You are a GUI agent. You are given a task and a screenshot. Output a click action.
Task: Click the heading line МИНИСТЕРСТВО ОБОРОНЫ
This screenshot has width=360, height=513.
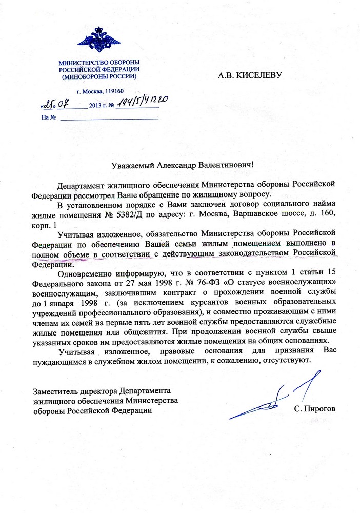point(98,63)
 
